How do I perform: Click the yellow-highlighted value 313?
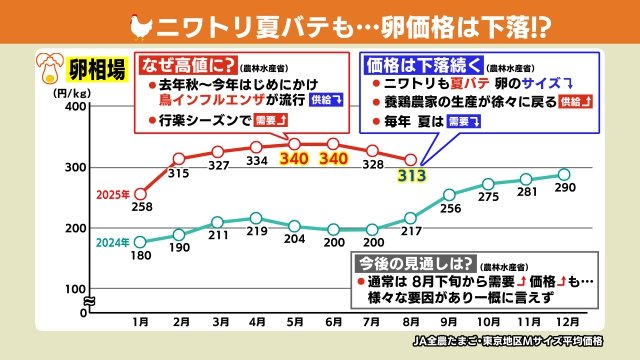click(410, 177)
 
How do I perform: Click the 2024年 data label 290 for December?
click(564, 189)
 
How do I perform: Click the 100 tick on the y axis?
click(74, 288)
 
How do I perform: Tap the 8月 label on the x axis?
click(410, 323)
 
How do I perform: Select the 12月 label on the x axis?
click(563, 323)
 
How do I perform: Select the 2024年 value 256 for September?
click(450, 209)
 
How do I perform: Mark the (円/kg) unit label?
click(53, 93)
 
